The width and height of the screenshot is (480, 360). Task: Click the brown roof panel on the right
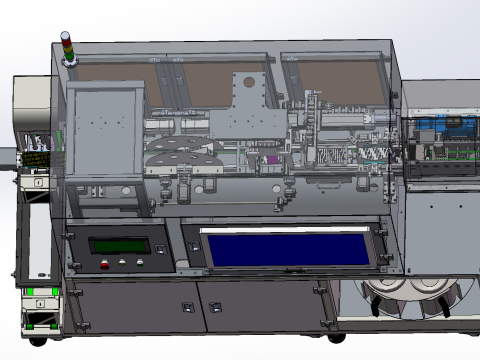335,80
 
